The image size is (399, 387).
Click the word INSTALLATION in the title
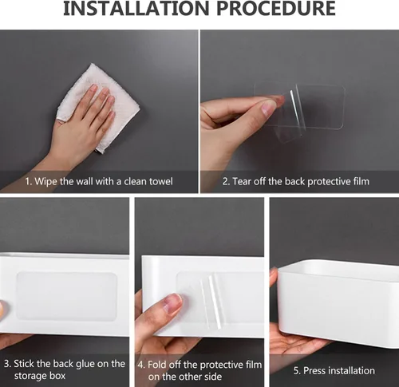click(x=136, y=9)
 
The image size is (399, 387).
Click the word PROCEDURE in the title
click(x=276, y=9)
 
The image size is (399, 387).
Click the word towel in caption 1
click(x=160, y=181)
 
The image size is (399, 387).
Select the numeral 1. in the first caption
click(x=29, y=182)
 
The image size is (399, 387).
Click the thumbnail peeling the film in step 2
click(x=269, y=109)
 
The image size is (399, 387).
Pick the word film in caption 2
click(x=361, y=181)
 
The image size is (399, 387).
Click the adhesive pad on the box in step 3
click(x=66, y=296)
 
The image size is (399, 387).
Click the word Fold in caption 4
click(x=157, y=365)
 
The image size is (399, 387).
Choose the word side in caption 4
click(x=212, y=377)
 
